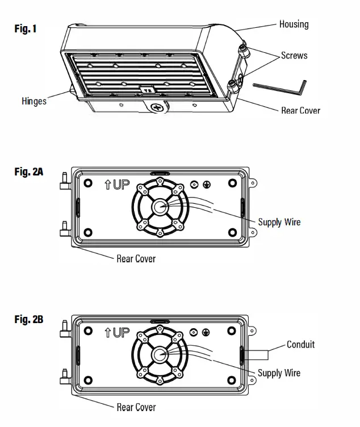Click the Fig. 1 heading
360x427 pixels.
pyautogui.click(x=26, y=28)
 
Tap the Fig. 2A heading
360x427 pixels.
pyautogui.click(x=28, y=171)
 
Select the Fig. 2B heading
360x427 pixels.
pyautogui.click(x=28, y=320)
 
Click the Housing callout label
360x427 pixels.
pyautogui.click(x=294, y=24)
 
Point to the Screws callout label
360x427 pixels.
pyautogui.click(x=294, y=56)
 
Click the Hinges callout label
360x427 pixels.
pyautogui.click(x=34, y=101)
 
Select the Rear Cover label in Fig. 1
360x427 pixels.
pyautogui.click(x=300, y=110)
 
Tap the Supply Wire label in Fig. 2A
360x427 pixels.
pyautogui.click(x=279, y=222)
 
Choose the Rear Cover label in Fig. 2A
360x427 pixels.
pyautogui.click(x=136, y=259)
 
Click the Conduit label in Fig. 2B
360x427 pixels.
pyautogui.click(x=300, y=344)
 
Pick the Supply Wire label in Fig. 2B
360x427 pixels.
pyautogui.click(x=279, y=373)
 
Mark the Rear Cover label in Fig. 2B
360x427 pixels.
pyautogui.click(x=136, y=407)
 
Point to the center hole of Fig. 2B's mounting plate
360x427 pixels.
pyautogui.click(x=158, y=355)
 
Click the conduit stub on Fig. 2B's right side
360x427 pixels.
pyautogui.click(x=257, y=356)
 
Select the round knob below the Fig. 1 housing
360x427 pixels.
pyautogui.click(x=158, y=107)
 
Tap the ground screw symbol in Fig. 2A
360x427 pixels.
pyautogui.click(x=206, y=185)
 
